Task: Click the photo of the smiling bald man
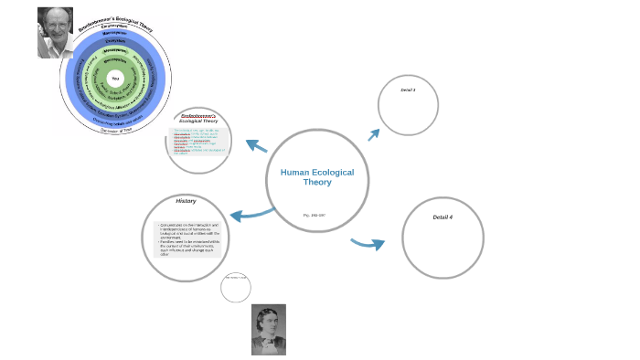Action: (55, 32)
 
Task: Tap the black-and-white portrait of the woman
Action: (269, 329)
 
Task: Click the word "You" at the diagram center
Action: (115, 79)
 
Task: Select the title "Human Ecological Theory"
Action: (317, 176)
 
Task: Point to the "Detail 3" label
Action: (408, 90)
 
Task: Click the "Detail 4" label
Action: (443, 217)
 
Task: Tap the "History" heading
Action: (187, 201)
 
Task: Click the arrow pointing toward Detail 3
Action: (373, 134)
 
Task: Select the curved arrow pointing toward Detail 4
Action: (367, 243)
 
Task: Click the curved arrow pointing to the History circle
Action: (251, 215)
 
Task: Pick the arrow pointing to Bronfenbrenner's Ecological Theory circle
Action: (256, 145)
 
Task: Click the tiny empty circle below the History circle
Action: (236, 287)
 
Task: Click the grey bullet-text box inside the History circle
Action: (187, 238)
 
